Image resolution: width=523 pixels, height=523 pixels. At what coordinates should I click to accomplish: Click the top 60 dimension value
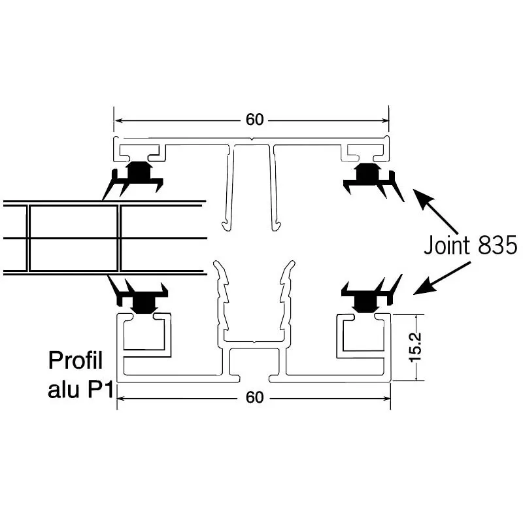(255, 120)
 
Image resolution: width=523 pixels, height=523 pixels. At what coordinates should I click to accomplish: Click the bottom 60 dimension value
(255, 397)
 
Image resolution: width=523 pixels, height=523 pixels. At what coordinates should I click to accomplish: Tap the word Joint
(447, 245)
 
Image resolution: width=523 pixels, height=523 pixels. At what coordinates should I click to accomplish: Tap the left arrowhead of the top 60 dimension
(120, 120)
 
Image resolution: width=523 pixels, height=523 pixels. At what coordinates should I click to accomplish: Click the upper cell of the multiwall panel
(73, 221)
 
